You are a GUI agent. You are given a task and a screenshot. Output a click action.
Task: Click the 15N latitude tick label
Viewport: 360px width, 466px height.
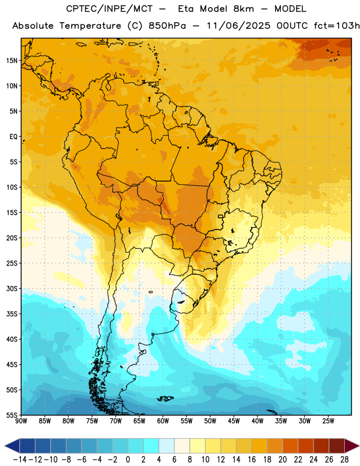pos(12,61)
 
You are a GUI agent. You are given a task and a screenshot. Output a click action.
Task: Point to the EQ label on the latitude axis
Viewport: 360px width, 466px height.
pos(13,137)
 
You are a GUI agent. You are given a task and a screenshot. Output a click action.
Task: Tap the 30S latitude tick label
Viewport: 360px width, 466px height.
pos(12,288)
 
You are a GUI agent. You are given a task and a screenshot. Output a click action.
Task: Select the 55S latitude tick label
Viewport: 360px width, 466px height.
pos(12,415)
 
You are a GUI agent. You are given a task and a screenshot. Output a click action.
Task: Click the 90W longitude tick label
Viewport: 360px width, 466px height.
pos(22,421)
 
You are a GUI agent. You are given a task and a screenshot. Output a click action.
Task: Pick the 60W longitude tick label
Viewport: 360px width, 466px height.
pos(163,421)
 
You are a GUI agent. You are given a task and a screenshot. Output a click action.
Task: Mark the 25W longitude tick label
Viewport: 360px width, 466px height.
pos(328,421)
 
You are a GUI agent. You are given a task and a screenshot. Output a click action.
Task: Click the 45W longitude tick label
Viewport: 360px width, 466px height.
pos(234,421)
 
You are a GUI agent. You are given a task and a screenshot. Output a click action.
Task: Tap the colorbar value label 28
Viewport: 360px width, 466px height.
pos(344,460)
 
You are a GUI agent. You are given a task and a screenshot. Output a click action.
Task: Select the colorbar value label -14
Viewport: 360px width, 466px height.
pos(20,460)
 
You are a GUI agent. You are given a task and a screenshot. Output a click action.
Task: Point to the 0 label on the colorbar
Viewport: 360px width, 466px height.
pos(128,460)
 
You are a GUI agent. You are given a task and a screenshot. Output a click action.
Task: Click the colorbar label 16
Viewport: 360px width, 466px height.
pos(252,460)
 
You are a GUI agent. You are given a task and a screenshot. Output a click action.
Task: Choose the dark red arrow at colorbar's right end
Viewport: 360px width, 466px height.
pos(351,446)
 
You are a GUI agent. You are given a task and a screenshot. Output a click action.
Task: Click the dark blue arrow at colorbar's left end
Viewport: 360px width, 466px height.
pos(12,446)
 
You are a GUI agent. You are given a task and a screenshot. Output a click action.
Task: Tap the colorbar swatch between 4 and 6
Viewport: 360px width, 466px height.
pos(167,446)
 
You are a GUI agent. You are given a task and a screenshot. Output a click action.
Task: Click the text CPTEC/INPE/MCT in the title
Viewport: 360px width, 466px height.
pos(109,9)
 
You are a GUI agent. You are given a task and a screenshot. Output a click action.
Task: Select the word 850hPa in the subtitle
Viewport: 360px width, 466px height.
pos(167,26)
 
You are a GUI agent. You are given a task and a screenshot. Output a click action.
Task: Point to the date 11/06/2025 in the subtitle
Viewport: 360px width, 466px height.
pos(238,26)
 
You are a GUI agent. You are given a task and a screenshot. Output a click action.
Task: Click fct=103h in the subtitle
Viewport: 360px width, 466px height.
pos(337,26)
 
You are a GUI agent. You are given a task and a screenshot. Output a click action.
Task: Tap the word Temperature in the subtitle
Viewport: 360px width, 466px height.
pos(90,26)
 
